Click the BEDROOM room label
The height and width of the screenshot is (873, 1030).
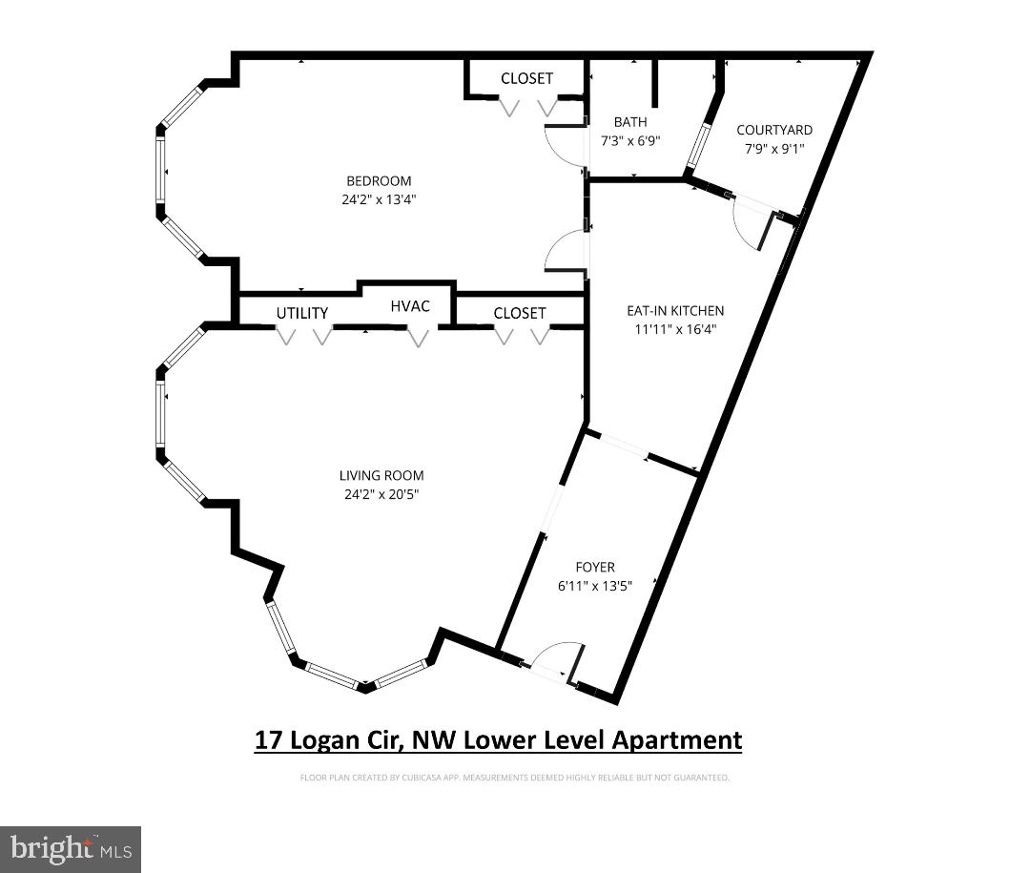(x=379, y=181)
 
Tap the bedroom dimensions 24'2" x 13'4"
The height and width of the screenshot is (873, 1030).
(x=379, y=199)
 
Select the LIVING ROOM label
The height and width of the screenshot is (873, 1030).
(x=381, y=475)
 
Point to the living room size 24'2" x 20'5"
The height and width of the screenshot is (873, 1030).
(x=381, y=494)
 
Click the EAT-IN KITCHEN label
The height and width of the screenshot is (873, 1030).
(x=675, y=310)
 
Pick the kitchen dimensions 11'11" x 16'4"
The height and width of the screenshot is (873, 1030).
(x=675, y=329)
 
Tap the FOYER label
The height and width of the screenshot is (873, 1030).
(x=596, y=568)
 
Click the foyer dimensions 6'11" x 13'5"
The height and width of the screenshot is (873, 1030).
(x=596, y=586)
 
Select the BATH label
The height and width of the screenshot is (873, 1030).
(x=630, y=122)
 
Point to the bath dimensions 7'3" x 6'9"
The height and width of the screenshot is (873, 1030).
(x=630, y=140)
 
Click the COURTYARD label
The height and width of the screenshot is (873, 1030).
(x=774, y=130)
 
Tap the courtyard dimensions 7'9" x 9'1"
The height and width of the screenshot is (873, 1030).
(x=774, y=148)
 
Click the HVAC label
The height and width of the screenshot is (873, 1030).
(x=410, y=306)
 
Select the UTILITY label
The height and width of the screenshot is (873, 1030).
(x=302, y=313)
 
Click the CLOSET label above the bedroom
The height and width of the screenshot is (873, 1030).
(x=526, y=78)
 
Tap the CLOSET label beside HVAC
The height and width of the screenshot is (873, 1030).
(x=520, y=313)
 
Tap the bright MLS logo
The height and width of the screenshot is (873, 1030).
(x=71, y=849)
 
